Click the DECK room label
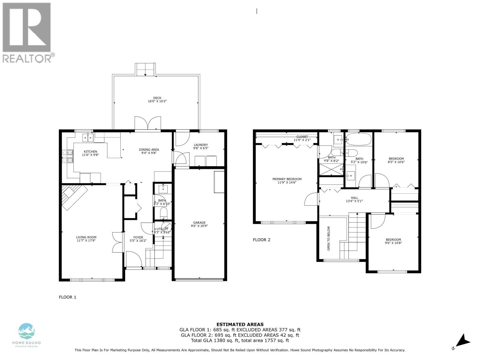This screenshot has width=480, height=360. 157,98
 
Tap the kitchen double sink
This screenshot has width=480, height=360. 88,138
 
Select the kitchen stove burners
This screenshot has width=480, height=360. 67,156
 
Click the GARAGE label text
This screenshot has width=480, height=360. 199,223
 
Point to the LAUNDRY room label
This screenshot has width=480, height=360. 201,145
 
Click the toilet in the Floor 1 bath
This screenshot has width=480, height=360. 163,213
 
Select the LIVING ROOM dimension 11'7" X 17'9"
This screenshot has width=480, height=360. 86,240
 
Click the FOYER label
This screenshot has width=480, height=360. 138,237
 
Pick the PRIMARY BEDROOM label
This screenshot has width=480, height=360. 287,179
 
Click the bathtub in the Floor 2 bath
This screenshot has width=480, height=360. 359,139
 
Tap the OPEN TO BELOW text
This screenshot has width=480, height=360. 329,238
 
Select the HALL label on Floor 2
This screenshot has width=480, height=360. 355,198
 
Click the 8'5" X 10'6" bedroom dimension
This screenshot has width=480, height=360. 396,162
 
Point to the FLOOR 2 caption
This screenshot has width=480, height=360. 262,240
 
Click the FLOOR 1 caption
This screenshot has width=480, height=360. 67,297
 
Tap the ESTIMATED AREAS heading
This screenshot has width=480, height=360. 240,324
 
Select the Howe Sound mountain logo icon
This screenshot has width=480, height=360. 27,331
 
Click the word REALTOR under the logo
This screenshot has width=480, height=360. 27,58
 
